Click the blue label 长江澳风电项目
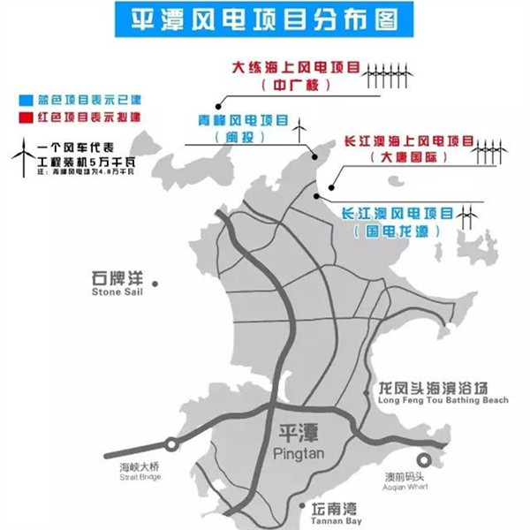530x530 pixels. point(396,213)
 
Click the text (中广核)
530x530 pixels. point(295,86)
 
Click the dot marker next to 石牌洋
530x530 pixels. point(155,284)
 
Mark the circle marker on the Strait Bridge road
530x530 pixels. point(171,443)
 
